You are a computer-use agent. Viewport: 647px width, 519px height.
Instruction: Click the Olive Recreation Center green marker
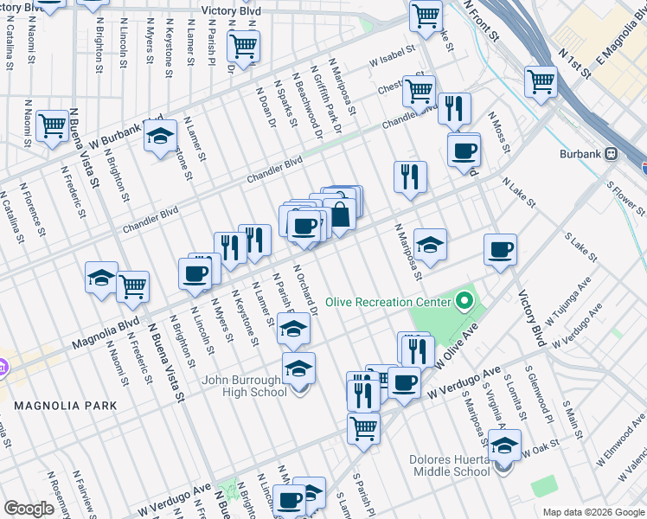coord(466,302)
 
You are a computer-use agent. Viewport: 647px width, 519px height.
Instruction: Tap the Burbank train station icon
coord(612,153)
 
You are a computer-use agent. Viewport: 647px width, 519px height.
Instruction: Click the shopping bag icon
coord(341,215)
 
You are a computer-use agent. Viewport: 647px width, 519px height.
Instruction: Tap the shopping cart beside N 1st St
coord(541,82)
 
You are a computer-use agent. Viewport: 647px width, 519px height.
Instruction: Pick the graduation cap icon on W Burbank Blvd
coord(160,136)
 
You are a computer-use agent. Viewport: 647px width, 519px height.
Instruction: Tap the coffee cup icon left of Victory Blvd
coord(500,251)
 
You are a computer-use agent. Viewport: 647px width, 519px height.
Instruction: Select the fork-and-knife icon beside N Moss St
coord(453,108)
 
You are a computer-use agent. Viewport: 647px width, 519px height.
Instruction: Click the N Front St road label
coord(483,21)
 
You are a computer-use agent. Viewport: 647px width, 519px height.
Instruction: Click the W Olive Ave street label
coord(458,346)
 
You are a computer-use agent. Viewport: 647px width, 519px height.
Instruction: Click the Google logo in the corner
coord(29,509)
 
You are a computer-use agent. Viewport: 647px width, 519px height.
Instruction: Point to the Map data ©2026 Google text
coord(593,512)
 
